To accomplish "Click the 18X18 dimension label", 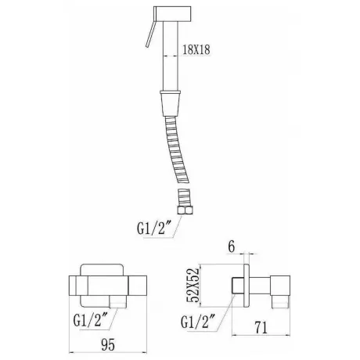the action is click(196, 49).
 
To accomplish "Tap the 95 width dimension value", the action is click(108, 344).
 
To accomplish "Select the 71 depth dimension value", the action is click(261, 328).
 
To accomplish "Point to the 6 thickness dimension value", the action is click(232, 247).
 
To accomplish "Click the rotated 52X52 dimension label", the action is click(193, 285).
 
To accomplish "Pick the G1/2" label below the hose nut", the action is click(154, 228).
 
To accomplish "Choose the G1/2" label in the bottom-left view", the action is click(91, 320).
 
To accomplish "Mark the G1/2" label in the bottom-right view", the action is click(198, 322).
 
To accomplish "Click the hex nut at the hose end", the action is click(184, 211).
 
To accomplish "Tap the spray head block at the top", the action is click(172, 14).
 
